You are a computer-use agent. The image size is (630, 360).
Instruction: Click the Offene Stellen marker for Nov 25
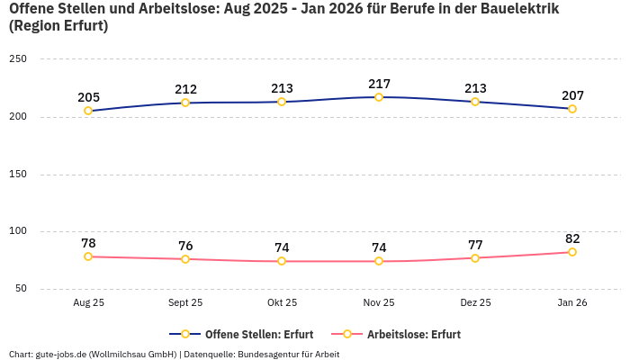379,97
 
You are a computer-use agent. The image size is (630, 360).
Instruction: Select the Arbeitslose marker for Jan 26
572,252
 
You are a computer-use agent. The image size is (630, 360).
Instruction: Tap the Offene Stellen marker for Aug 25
88,111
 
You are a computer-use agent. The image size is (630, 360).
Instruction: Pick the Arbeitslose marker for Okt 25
282,261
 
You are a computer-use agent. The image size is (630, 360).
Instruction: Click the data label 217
379,84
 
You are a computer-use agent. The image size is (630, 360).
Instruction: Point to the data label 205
88,97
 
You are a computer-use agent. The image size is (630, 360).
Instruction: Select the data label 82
572,238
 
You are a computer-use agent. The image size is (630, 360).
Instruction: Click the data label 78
88,243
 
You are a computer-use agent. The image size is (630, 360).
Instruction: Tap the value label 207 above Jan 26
572,94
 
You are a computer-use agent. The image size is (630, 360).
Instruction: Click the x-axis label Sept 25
185,303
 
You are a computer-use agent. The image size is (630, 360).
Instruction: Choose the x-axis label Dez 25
475,303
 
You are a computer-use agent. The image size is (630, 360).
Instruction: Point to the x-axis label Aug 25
88,303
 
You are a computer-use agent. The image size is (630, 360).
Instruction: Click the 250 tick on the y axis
18,59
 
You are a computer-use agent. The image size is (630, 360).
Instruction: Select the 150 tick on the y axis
18,175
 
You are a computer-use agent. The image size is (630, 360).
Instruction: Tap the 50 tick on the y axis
21,289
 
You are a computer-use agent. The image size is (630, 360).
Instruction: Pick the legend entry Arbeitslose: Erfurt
413,335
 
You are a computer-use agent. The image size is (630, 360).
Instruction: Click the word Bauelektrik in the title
513,9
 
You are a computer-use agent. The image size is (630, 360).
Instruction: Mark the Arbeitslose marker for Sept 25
185,259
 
